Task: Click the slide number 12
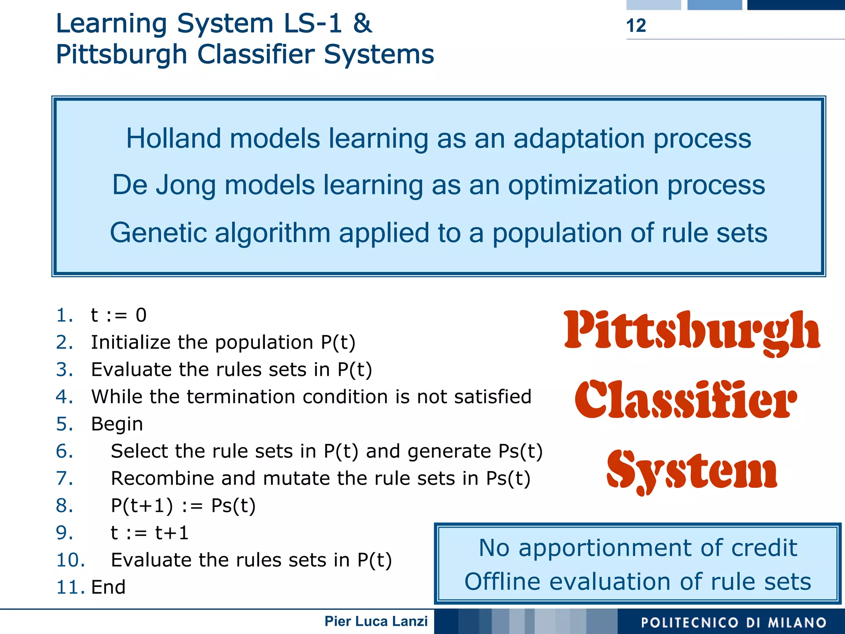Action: coord(636,26)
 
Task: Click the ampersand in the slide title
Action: coord(363,24)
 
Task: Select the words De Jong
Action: coord(164,185)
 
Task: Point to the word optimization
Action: coord(583,185)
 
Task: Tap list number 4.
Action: coord(64,397)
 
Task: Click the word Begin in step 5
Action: coord(117,424)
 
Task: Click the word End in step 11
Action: coord(108,587)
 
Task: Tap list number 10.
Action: coord(70,560)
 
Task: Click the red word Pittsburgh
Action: coord(692,332)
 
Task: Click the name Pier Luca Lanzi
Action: coord(376,621)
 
